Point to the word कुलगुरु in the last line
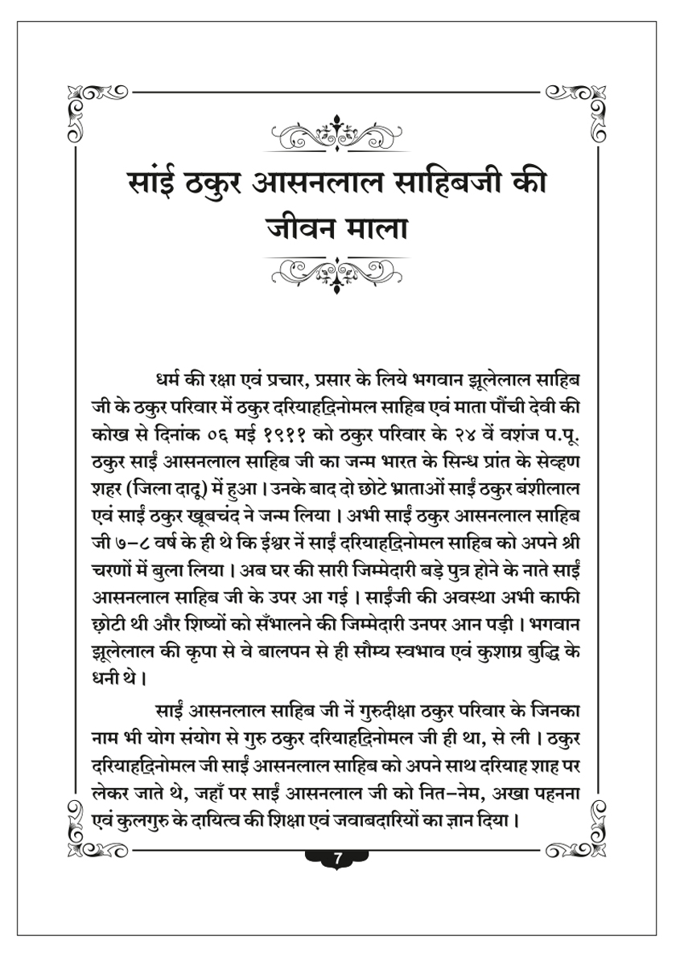[x=136, y=822]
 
